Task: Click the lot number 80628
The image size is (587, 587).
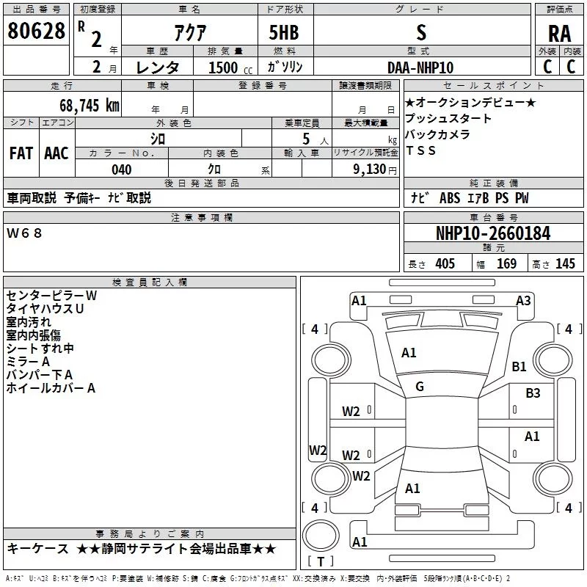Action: (x=36, y=31)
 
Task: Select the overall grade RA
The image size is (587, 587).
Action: (x=560, y=34)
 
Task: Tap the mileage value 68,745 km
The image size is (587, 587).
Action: (x=90, y=106)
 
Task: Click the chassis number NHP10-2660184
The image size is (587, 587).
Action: (x=493, y=233)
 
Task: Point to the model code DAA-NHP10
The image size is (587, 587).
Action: (x=420, y=68)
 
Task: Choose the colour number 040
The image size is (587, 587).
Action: (x=122, y=169)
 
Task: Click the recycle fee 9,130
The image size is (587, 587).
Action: (x=370, y=169)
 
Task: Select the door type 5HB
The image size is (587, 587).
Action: (x=284, y=32)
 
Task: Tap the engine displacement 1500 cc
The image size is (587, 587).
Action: (x=230, y=68)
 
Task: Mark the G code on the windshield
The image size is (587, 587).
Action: (x=420, y=387)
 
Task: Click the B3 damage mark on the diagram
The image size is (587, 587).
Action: (x=533, y=393)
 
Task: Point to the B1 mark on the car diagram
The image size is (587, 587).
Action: (x=519, y=366)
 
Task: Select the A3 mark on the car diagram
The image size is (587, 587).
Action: (x=523, y=301)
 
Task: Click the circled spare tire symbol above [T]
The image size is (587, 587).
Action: (x=321, y=536)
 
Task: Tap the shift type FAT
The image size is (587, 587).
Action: (x=21, y=153)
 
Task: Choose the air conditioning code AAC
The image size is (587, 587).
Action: (x=56, y=153)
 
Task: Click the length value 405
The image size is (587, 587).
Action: (x=445, y=264)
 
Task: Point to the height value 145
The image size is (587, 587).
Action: (x=565, y=264)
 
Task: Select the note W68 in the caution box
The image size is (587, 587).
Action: (x=24, y=233)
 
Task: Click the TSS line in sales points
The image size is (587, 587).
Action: (x=420, y=150)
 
